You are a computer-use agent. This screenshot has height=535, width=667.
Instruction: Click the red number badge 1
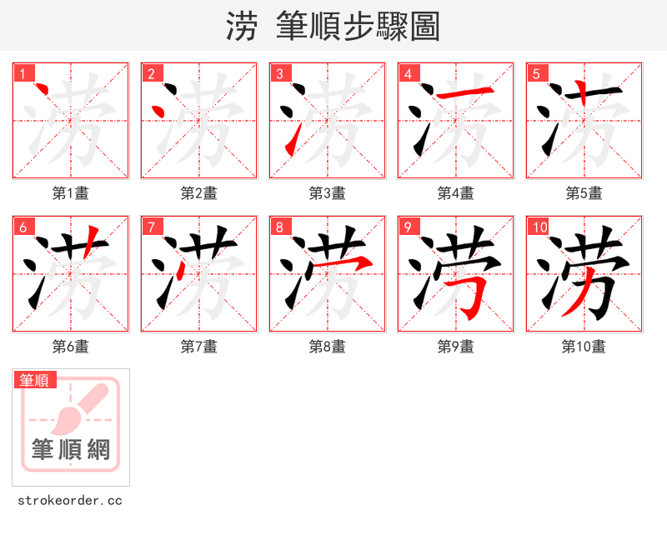click(x=23, y=73)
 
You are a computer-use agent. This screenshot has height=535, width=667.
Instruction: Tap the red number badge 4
click(x=409, y=73)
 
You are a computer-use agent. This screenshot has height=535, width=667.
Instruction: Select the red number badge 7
click(x=152, y=227)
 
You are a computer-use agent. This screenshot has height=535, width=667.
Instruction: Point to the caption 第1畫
click(x=70, y=193)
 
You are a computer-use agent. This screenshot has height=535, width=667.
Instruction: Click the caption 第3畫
click(x=327, y=193)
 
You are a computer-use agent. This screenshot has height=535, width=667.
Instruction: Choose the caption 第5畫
click(x=584, y=193)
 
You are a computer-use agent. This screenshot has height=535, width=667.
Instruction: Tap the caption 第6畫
click(x=70, y=347)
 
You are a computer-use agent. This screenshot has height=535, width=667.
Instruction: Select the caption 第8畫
click(x=327, y=347)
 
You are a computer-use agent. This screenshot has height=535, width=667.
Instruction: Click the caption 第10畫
click(x=584, y=347)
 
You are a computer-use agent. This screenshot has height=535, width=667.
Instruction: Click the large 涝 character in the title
click(x=241, y=27)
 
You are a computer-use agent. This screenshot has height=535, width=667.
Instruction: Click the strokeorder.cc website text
click(x=70, y=501)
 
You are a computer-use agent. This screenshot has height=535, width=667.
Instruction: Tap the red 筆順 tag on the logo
click(x=36, y=381)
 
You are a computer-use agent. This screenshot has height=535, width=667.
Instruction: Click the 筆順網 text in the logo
click(x=71, y=450)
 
